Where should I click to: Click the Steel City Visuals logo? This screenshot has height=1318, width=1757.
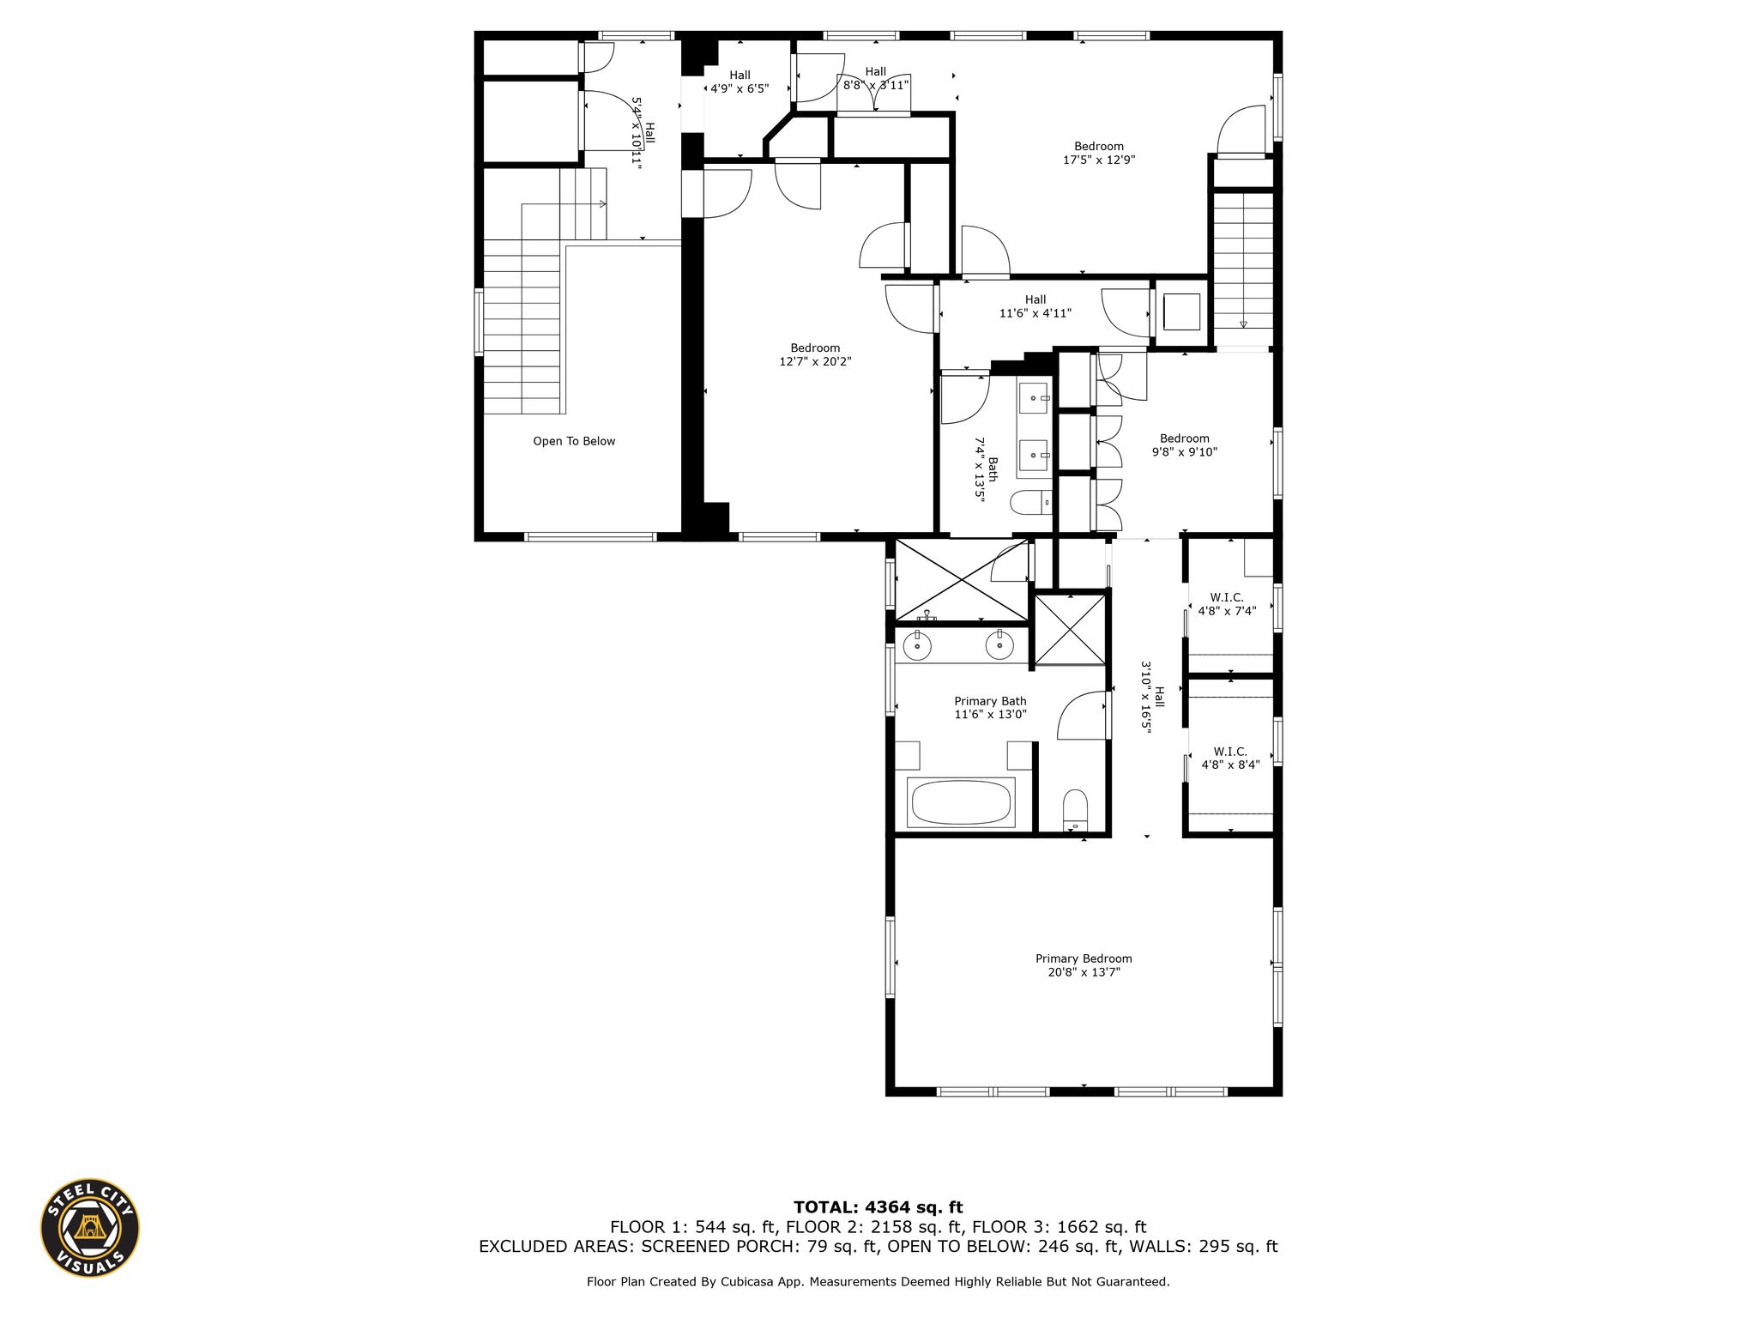pos(90,1227)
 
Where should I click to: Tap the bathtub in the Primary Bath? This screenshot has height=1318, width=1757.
pos(961,802)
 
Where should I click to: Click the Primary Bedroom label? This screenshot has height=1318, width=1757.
pos(1084,958)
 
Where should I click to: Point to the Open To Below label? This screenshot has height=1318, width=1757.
pos(574,441)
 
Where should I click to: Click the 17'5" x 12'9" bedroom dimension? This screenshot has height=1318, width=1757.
pos(1099,160)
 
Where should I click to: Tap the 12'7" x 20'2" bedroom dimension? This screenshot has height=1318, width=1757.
pos(815,361)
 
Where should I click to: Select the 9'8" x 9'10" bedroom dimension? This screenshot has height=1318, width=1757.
pos(1185,452)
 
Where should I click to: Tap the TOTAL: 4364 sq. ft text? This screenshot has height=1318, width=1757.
pos(878,1207)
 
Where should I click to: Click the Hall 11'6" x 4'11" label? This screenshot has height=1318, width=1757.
pos(1035,306)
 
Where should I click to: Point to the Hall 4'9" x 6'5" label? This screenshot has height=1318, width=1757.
pos(740,82)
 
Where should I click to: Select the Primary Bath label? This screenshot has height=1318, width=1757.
pos(990,701)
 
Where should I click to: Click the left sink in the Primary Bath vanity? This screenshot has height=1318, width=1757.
pos(917,644)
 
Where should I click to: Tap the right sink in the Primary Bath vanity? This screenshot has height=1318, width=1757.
pos(999,644)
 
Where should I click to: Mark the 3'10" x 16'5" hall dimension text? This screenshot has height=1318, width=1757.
pos(1145,696)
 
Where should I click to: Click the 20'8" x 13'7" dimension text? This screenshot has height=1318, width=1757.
pos(1084,972)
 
